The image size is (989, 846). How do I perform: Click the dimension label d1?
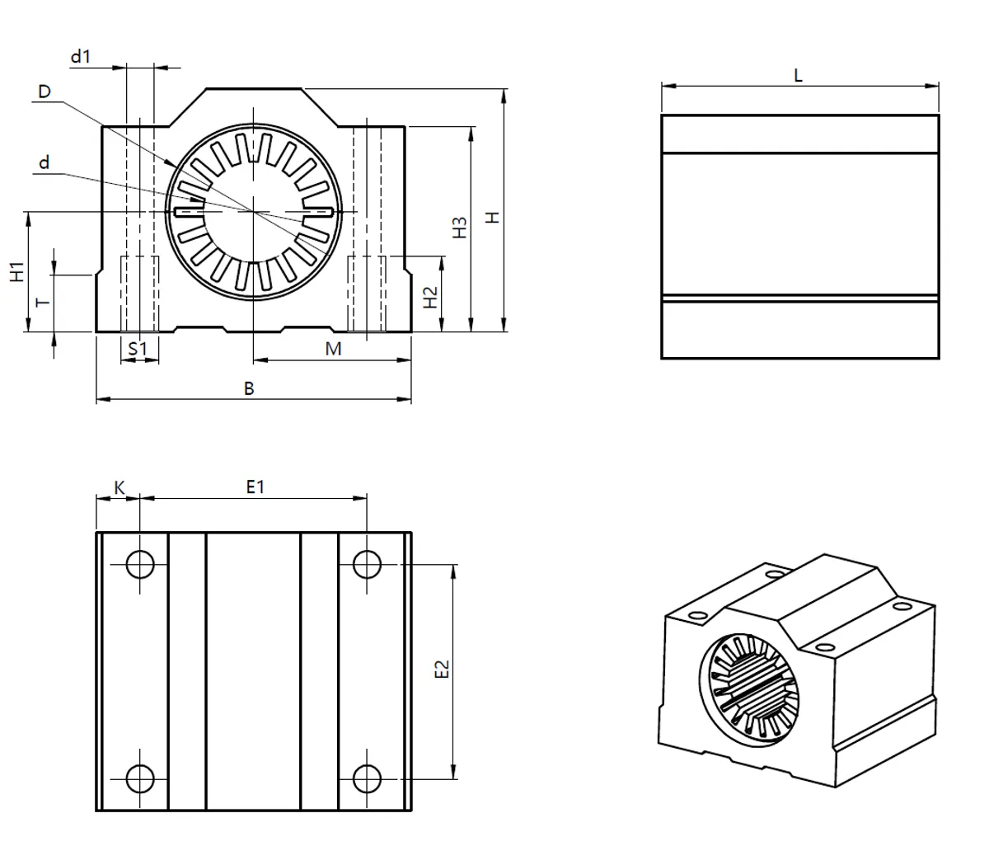[81, 57]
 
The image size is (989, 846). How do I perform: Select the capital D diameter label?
[44, 92]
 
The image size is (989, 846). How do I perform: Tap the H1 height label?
[16, 271]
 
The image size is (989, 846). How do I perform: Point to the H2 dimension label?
[430, 297]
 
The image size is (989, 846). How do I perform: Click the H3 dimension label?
[459, 228]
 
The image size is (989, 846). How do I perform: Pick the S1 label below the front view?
[138, 349]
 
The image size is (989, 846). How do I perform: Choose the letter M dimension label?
[334, 349]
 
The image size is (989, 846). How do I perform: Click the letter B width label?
[249, 388]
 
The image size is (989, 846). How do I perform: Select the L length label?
[798, 75]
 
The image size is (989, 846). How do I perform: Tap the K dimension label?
[120, 488]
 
